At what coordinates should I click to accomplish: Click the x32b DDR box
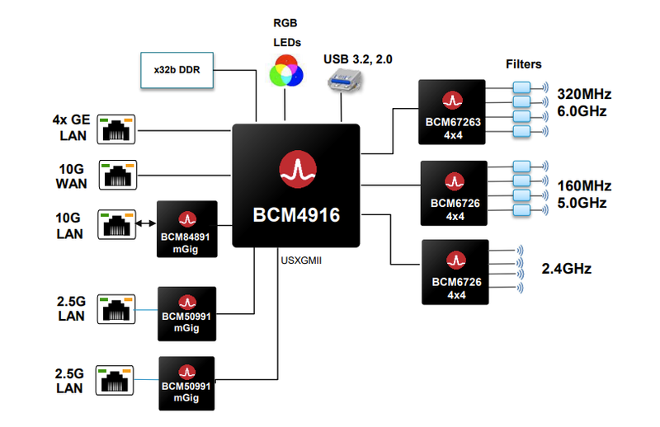click(177, 70)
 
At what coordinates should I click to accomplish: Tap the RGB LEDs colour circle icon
click(286, 71)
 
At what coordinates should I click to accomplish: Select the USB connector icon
click(345, 81)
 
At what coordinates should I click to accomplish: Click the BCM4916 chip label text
click(296, 215)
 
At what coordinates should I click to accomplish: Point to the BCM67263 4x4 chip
click(452, 112)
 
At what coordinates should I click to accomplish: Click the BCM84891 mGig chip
click(187, 229)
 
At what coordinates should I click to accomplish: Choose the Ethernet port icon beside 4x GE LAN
click(116, 129)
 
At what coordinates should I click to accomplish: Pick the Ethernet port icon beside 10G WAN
click(118, 175)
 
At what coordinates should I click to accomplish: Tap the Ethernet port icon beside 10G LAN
click(117, 225)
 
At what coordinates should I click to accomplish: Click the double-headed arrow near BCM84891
click(146, 223)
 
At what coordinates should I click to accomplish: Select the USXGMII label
click(301, 260)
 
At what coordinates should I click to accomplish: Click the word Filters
click(524, 64)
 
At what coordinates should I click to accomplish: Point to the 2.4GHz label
click(567, 269)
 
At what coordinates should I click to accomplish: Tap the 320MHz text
click(584, 94)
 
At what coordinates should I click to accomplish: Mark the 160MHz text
click(584, 185)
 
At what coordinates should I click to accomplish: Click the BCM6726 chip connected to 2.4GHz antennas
click(455, 272)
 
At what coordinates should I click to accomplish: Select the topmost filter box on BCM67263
click(521, 87)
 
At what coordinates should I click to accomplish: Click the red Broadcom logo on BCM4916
click(298, 169)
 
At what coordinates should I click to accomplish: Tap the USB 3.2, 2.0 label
click(358, 59)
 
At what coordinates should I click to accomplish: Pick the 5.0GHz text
click(582, 203)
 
